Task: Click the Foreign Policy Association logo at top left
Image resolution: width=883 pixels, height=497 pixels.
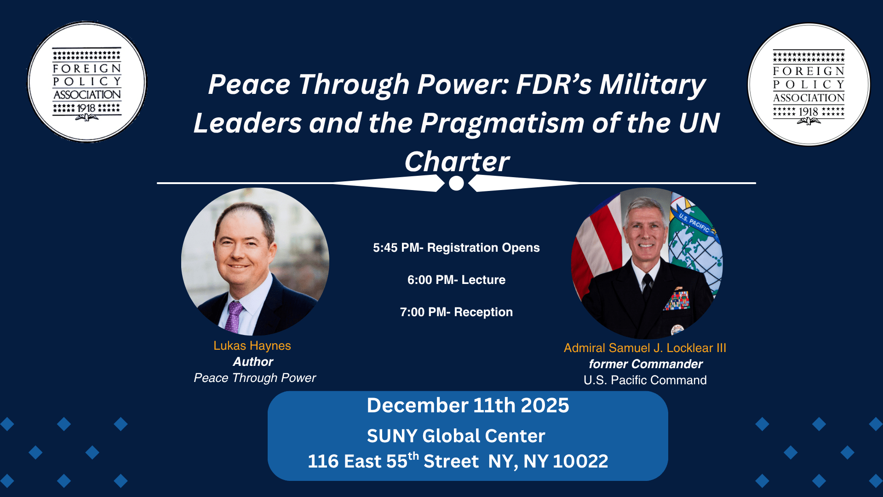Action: pyautogui.click(x=87, y=82)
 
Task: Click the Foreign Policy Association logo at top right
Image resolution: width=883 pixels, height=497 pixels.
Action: pyautogui.click(x=809, y=85)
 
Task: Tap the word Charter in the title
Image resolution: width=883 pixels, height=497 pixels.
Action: pyautogui.click(x=457, y=162)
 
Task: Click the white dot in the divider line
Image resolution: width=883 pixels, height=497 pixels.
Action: pyautogui.click(x=456, y=183)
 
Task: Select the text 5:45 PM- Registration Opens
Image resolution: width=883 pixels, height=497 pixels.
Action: pyautogui.click(x=456, y=248)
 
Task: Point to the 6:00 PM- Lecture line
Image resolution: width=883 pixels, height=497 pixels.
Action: pyautogui.click(x=456, y=280)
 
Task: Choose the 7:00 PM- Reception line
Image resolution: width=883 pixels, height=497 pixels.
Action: pyautogui.click(x=456, y=312)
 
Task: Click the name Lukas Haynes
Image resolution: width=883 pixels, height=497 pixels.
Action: pyautogui.click(x=252, y=346)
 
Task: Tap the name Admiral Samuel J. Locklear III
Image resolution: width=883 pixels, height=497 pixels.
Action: pyautogui.click(x=645, y=348)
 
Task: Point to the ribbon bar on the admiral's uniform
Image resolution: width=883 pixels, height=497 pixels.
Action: pyautogui.click(x=677, y=299)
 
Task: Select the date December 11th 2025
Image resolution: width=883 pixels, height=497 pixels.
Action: pyautogui.click(x=468, y=405)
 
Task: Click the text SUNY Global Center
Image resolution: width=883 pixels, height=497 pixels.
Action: pyautogui.click(x=456, y=436)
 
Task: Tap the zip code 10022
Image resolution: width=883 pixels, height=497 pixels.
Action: pyautogui.click(x=580, y=461)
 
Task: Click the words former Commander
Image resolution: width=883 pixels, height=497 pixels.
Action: pyautogui.click(x=646, y=364)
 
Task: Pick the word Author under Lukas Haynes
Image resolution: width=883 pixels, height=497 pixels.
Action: pyautogui.click(x=253, y=362)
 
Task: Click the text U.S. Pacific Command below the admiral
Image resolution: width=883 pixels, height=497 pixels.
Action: pyautogui.click(x=645, y=380)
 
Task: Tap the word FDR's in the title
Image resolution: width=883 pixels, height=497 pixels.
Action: pyautogui.click(x=554, y=85)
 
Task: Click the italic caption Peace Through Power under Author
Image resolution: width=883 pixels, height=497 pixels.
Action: pyautogui.click(x=255, y=378)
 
